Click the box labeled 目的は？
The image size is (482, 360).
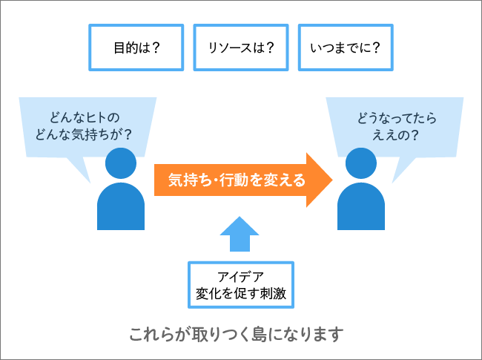point(136,48)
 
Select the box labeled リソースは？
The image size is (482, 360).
point(241,48)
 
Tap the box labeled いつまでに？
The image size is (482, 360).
point(345,48)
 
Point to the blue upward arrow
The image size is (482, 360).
point(240,234)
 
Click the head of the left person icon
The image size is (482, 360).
point(122,163)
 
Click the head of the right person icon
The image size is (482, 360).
point(361,163)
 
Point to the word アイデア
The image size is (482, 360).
point(241,277)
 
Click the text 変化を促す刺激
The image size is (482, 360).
point(241,294)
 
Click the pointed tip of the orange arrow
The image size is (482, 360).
point(329,180)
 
